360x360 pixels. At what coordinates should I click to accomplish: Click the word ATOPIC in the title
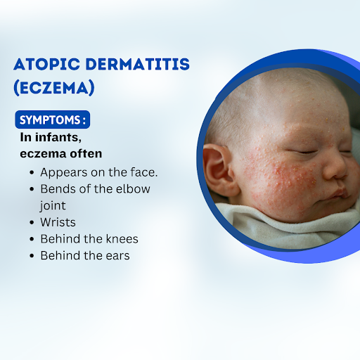pos(46,64)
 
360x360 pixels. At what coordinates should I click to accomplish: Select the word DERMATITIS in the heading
pos(138,64)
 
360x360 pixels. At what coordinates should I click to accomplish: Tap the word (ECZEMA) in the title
pos(54,88)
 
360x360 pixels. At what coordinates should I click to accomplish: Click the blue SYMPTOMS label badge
pos(53,120)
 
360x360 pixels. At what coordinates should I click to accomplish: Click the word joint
pos(53,206)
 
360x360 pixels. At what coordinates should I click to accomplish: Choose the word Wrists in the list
pos(58,222)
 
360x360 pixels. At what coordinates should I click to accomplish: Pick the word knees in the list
pos(122,239)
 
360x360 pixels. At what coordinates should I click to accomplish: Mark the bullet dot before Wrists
pos(32,222)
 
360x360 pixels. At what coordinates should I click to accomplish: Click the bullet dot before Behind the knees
pos(32,239)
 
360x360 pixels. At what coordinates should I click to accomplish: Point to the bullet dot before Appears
pos(32,173)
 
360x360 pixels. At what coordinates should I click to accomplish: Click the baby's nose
pos(335,167)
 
